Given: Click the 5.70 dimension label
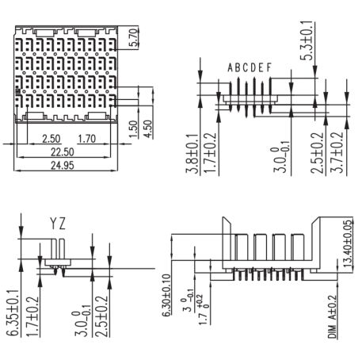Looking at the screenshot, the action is [135, 37].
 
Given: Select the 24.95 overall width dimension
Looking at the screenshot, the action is [63, 166].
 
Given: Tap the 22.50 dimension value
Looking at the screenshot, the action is [63, 152].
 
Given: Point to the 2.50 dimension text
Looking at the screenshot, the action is [51, 139].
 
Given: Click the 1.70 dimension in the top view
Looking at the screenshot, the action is [86, 139].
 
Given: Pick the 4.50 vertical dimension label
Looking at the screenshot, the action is [148, 128].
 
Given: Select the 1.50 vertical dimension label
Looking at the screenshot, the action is [134, 128].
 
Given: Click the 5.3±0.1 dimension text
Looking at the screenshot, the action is [307, 40].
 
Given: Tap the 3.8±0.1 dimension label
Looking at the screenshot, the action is [192, 154].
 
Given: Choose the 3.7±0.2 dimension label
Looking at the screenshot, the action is [337, 152].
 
